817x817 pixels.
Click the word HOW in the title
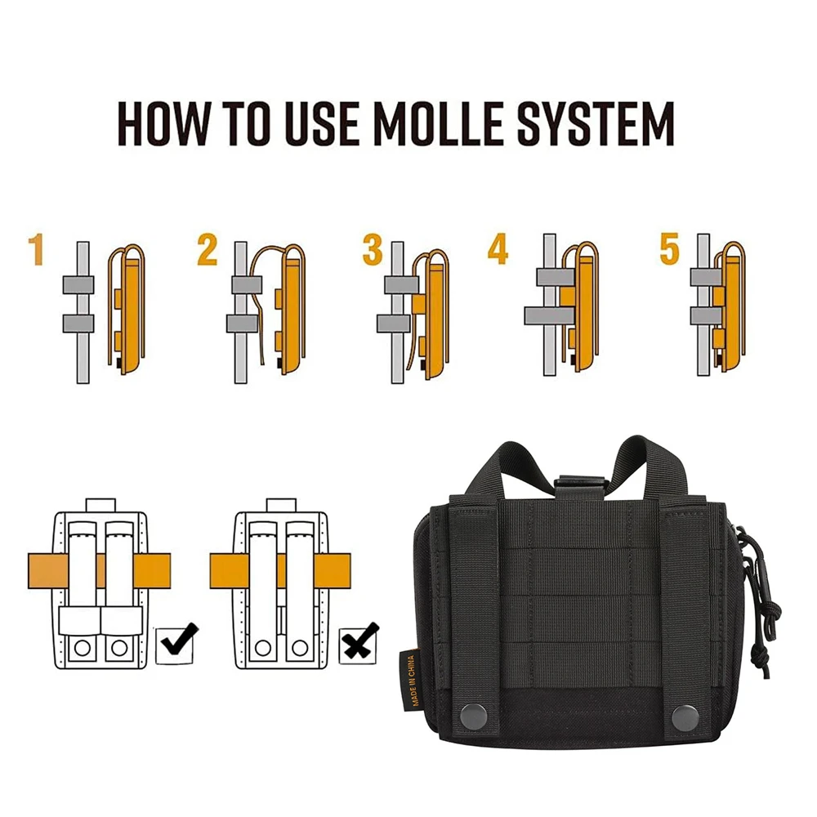(x=163, y=124)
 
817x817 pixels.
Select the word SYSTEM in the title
(x=596, y=124)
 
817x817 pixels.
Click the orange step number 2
(x=207, y=249)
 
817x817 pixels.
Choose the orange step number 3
(x=373, y=249)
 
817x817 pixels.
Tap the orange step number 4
(x=498, y=249)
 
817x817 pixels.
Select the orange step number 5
(x=670, y=248)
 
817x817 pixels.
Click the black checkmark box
(x=176, y=644)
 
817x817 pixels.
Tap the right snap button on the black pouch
(x=685, y=717)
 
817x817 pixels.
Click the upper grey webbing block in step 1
(x=78, y=284)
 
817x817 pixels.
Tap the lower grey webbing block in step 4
(x=549, y=315)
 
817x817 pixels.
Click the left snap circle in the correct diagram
(x=82, y=648)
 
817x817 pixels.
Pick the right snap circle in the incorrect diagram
(x=300, y=648)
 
